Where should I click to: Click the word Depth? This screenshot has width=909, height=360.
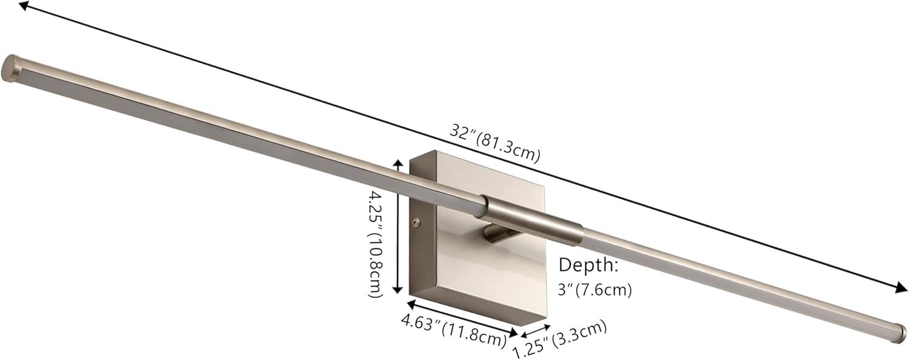588,265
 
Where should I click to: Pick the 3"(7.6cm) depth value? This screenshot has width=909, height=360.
595,290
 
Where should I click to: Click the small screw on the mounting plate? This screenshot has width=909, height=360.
415,222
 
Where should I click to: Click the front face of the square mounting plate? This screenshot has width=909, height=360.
479,267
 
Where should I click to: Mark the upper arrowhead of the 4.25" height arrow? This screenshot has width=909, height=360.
398,162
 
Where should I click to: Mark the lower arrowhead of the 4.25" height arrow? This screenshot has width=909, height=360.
398,290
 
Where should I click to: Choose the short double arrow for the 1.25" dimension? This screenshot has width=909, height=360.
535,331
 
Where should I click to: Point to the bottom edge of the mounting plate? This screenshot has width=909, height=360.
485,316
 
